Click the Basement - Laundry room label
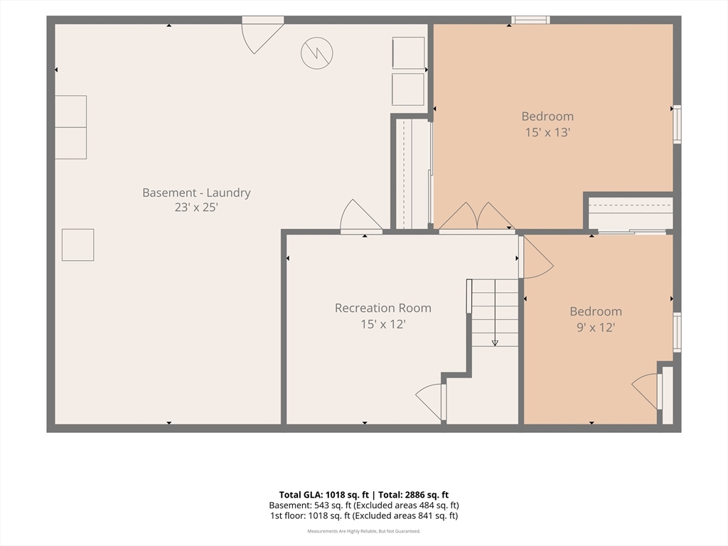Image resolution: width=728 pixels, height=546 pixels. point(196,192)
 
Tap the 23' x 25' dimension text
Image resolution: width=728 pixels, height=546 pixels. point(196,207)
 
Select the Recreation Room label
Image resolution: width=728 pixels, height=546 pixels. point(383,308)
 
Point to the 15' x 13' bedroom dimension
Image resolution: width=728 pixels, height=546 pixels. point(547,132)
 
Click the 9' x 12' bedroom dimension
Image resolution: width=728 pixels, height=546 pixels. point(596,327)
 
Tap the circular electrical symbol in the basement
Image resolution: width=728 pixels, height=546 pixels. point(316,53)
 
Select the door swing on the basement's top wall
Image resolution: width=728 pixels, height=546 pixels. point(262,37)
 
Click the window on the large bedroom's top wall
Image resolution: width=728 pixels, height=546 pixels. point(530,19)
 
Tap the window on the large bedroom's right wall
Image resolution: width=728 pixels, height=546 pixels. point(678,124)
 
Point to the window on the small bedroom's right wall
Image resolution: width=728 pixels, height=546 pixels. point(678,333)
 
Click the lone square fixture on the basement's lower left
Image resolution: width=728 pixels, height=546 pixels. point(78,245)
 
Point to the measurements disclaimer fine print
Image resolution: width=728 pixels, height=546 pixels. point(364,531)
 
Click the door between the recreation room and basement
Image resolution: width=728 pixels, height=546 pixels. point(361,216)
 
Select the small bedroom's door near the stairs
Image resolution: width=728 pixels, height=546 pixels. point(536,257)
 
